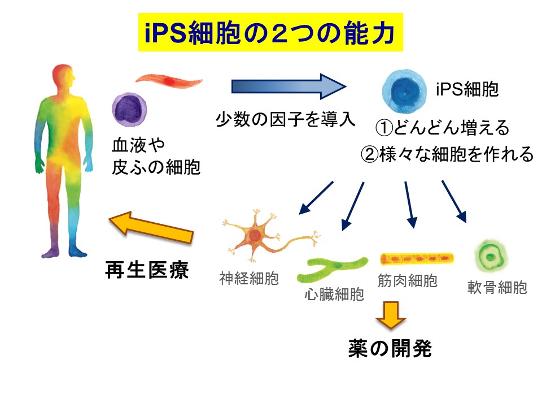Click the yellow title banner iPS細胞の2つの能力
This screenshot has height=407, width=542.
point(270,32)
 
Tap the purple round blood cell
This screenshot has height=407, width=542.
point(129,110)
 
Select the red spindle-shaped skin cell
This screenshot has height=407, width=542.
point(169,81)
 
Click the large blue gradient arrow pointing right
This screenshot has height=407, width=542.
point(289,86)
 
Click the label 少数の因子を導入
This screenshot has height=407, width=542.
point(286,119)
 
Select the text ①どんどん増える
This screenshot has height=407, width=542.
point(443,127)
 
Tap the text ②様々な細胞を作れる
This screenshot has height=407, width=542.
point(447,154)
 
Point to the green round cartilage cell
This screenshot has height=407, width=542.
point(491,257)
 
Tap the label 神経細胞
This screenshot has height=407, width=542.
point(249,278)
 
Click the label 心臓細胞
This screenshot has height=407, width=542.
point(334,294)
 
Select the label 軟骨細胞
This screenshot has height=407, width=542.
point(497,287)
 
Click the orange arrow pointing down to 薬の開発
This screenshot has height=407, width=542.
point(391,315)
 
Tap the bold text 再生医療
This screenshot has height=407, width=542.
point(147,270)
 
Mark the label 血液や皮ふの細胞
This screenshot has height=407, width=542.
point(156,156)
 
